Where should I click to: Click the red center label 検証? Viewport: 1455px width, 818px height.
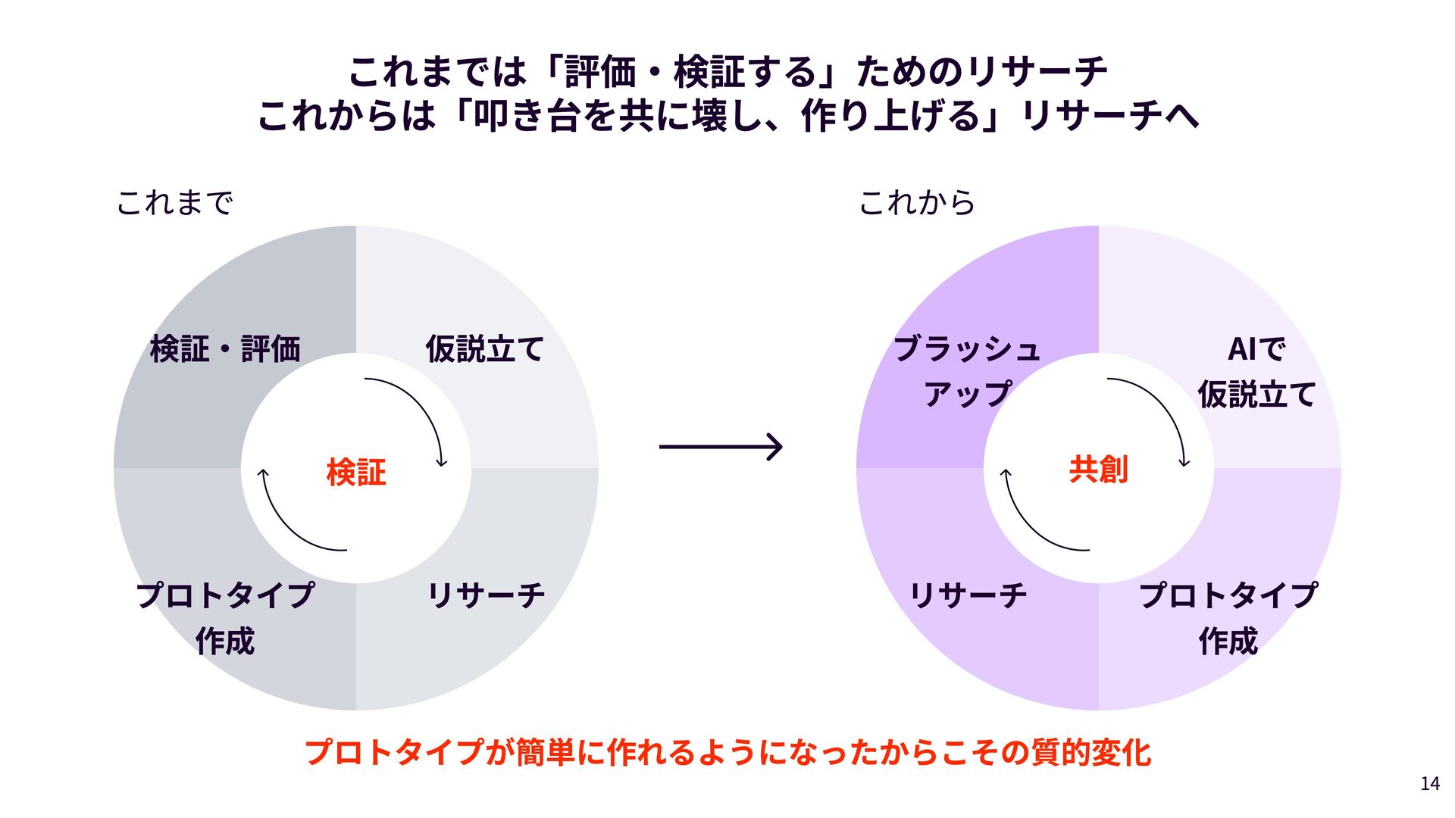355,472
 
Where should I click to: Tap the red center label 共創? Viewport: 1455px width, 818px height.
1098,470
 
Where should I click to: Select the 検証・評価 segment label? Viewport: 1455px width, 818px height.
225,349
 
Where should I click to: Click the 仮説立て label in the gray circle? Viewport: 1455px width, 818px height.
484,349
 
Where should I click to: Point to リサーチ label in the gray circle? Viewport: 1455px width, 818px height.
486,595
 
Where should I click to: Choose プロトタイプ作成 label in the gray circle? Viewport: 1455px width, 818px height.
225,617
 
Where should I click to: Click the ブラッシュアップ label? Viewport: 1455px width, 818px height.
968,371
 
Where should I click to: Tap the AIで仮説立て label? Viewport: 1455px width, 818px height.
1256,372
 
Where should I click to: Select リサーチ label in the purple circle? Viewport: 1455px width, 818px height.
968,595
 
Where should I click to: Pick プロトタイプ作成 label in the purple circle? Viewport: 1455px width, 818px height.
1228,617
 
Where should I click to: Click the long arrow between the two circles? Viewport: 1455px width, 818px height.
720,447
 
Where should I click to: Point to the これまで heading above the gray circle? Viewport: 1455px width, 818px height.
174,203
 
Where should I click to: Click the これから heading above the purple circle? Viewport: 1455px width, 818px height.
917,203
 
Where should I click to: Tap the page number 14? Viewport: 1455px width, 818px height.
1430,784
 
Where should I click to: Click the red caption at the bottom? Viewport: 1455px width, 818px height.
727,753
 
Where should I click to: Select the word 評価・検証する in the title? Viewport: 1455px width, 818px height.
690,73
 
